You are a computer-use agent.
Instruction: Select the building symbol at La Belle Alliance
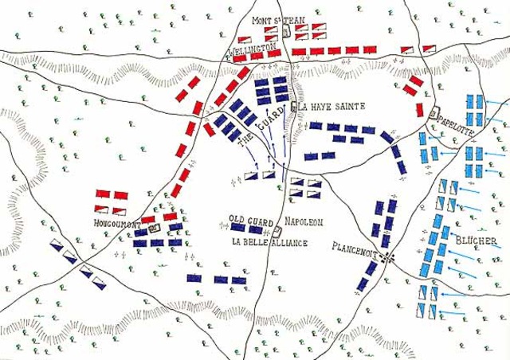[x=277, y=231]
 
